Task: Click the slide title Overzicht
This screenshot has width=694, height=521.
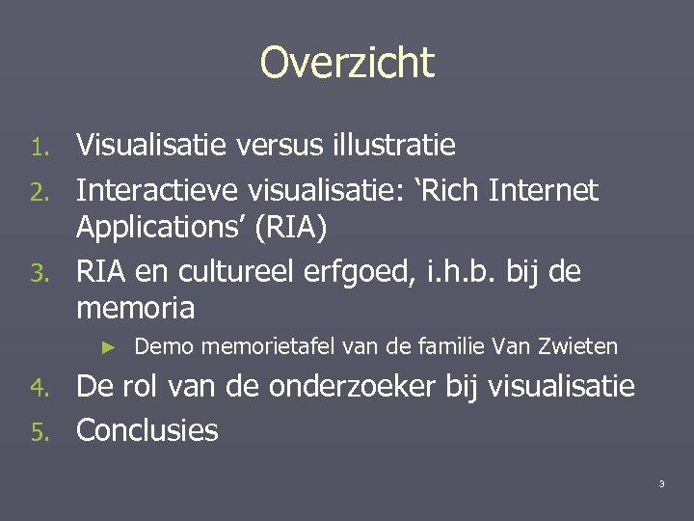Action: (347, 64)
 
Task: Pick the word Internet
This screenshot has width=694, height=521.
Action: (546, 191)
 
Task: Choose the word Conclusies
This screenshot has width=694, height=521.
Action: (147, 430)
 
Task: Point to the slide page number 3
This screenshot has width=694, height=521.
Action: (661, 483)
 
